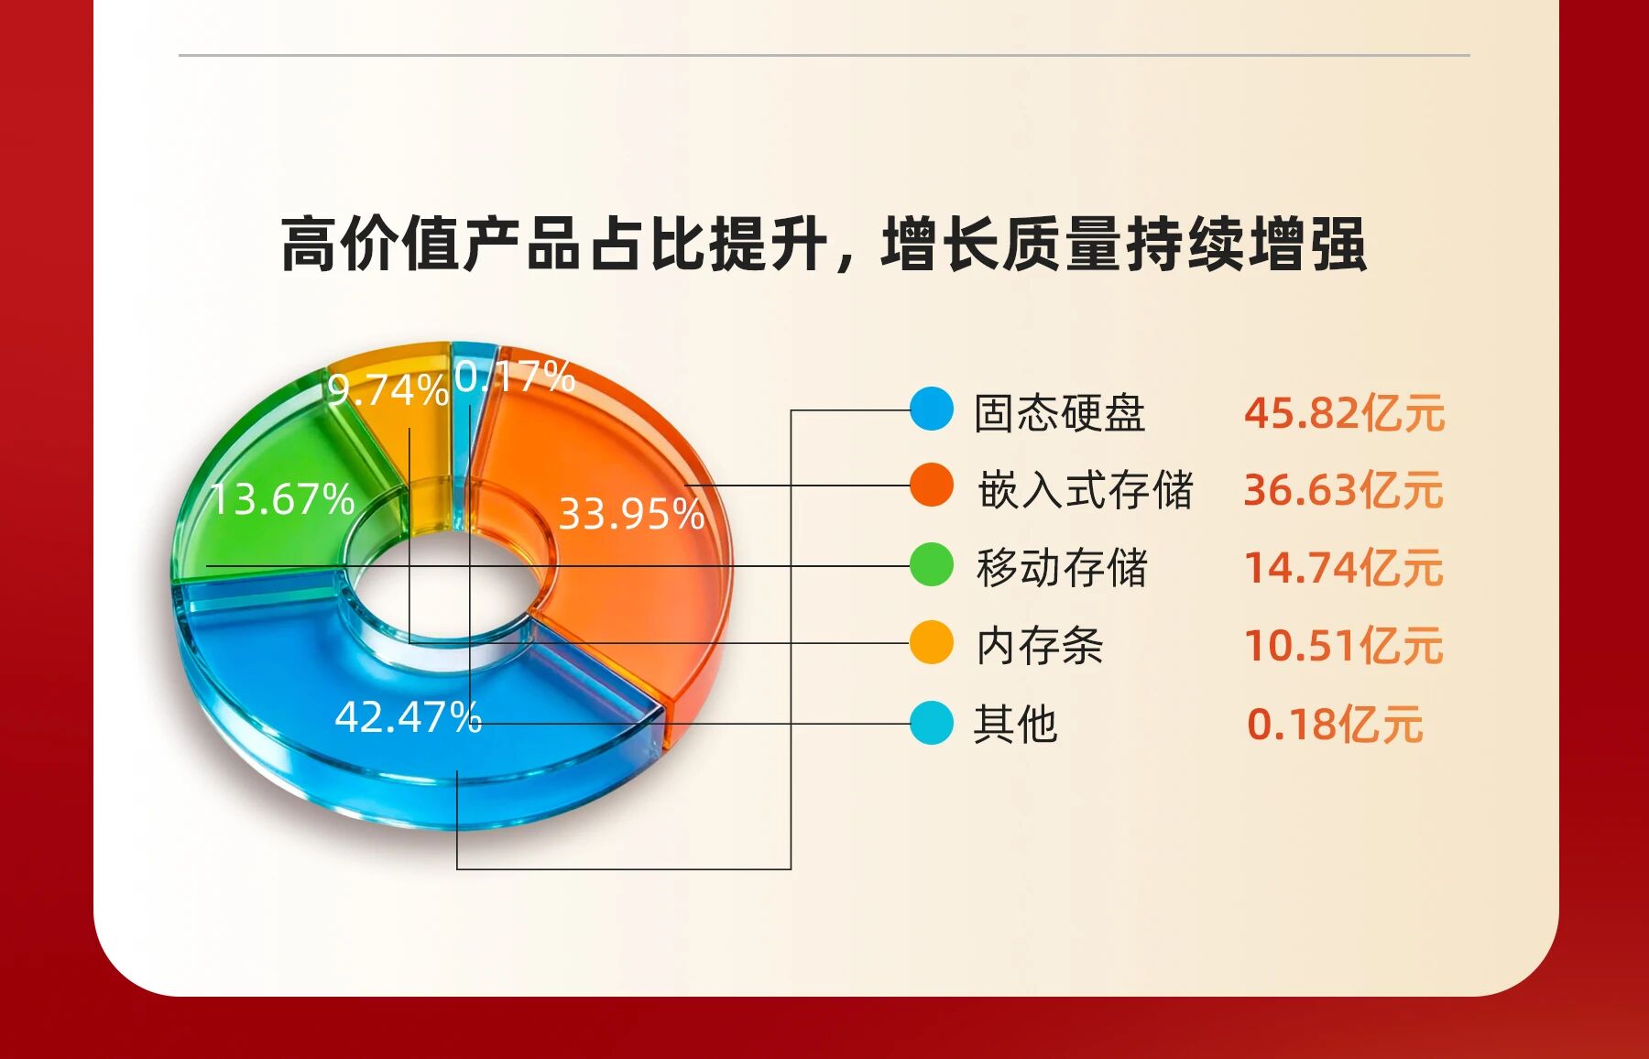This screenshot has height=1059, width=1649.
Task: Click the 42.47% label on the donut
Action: (408, 716)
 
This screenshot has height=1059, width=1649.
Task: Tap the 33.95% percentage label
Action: (631, 513)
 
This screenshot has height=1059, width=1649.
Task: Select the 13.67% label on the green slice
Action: (282, 499)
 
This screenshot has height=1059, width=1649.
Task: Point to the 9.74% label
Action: (388, 390)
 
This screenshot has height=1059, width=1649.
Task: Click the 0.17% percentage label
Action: (515, 376)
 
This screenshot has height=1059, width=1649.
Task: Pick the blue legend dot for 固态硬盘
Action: (932, 409)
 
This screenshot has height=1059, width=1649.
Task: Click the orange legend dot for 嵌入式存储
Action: (932, 486)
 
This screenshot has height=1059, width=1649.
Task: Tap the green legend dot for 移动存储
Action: (932, 564)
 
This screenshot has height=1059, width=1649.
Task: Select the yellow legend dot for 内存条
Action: (932, 642)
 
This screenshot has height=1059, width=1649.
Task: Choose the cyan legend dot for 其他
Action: (932, 723)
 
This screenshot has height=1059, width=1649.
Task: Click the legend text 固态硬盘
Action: (1060, 412)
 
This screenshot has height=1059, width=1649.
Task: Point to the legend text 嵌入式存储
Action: (1086, 489)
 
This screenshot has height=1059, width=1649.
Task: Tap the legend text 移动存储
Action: (1062, 567)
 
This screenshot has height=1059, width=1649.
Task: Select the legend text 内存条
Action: (1040, 645)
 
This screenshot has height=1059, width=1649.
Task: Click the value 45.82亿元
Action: (1344, 412)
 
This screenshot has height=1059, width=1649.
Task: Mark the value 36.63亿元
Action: (1343, 489)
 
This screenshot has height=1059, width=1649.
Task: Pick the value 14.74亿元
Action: (1343, 567)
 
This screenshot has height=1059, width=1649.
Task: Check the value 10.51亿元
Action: (1343, 645)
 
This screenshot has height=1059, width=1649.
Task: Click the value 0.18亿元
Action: (1335, 725)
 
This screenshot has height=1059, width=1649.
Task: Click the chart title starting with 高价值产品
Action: (824, 244)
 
